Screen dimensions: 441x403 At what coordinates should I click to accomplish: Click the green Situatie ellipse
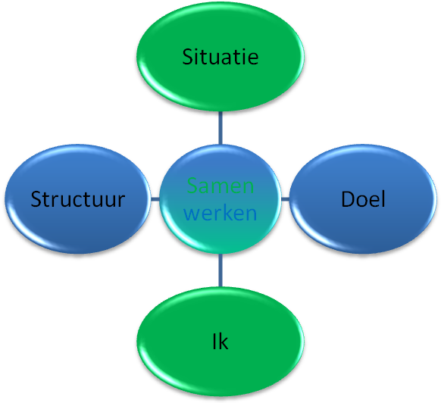coord(220,56)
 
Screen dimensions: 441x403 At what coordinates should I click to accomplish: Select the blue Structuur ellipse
coord(77,199)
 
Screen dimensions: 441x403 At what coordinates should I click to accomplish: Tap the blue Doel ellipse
coord(363,199)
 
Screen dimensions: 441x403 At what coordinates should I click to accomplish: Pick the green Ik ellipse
coord(220,342)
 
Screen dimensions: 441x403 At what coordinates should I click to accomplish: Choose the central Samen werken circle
coord(220,199)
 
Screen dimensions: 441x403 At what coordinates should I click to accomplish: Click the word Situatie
coord(220,57)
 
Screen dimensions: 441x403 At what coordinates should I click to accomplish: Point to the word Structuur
coord(77,199)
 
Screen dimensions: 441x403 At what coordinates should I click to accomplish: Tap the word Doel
coord(363,199)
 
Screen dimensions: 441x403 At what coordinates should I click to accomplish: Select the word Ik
coord(220,342)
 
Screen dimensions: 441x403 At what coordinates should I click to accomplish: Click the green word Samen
coord(220,186)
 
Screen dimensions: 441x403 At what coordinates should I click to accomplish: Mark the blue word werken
coord(220,213)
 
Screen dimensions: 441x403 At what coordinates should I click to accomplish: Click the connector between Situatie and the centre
coord(220,128)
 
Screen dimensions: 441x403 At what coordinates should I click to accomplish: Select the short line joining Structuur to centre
coord(155,199)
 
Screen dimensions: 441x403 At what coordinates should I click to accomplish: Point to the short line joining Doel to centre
coord(286,199)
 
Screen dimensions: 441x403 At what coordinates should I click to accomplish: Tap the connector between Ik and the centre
coord(220,270)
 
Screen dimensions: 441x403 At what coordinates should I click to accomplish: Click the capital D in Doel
coord(348,199)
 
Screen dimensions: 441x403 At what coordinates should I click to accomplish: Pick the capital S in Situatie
coord(188,57)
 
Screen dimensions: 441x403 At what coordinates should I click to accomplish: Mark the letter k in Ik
coord(223,342)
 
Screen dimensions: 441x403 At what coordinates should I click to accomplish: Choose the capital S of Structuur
coord(36,199)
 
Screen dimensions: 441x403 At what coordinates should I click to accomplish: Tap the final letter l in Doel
coord(383,199)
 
